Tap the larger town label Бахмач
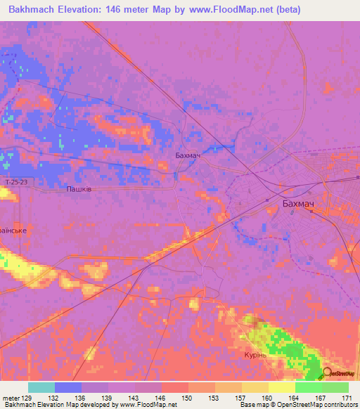pos(297,204)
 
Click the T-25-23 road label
pos(15,182)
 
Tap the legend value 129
pos(27,398)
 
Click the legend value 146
pos(160,398)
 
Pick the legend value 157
pos(240,398)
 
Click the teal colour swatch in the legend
pos(41,387)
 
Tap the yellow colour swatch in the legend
pos(281,387)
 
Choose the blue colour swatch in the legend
pos(68,387)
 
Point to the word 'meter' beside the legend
pos(10,398)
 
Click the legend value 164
pos(294,398)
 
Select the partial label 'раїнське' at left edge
pos(13,230)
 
